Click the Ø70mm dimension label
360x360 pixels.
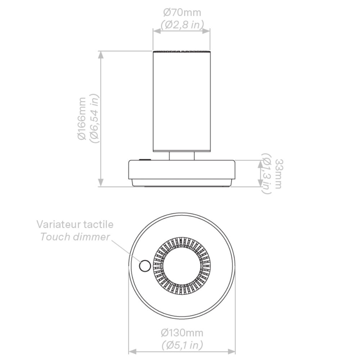coord(182,12)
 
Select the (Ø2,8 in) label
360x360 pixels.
coord(182,24)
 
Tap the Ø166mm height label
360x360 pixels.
coord(82,118)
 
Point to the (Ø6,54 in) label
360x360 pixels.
coord(94,118)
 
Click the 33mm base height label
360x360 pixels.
coord(279,174)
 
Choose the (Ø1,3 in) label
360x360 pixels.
coord(267,174)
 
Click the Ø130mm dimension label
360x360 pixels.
coord(182,333)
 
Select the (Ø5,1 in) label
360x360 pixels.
coord(182,345)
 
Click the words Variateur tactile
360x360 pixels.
coord(75,224)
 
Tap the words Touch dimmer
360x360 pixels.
coord(75,237)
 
